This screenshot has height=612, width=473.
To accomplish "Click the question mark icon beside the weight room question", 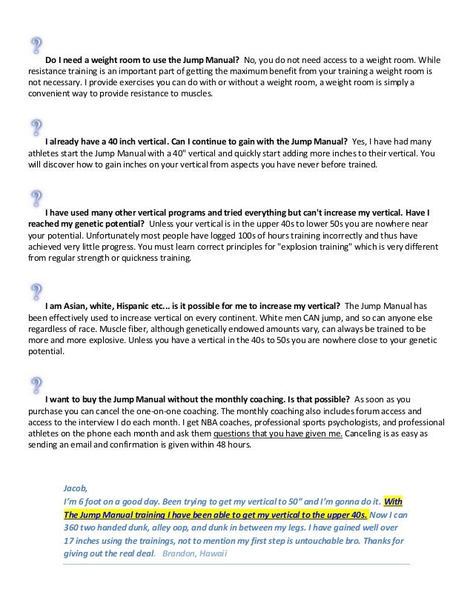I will coord(35,46).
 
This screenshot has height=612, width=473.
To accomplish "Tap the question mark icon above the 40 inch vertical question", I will coord(35,127).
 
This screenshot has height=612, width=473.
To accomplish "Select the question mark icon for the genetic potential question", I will coord(35,198).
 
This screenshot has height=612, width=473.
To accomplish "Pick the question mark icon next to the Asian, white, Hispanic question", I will coord(35,291).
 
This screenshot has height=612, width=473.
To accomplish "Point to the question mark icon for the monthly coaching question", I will coord(35,385).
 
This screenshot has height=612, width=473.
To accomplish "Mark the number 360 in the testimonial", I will coord(73,528).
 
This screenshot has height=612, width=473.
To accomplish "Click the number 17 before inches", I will coord(70,541).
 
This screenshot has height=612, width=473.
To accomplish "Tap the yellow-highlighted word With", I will coord(392,501).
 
